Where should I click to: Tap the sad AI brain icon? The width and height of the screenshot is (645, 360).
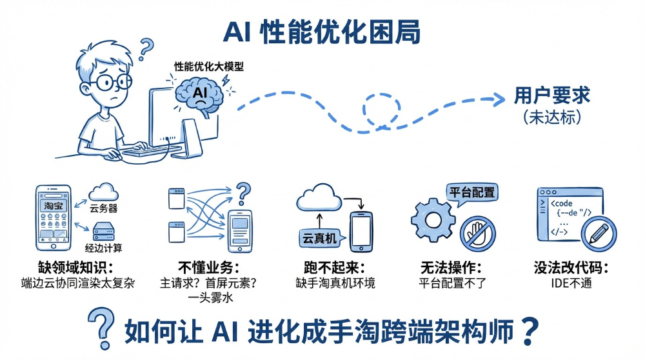pyautogui.click(x=201, y=95)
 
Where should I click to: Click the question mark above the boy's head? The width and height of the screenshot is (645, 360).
pyautogui.click(x=147, y=47)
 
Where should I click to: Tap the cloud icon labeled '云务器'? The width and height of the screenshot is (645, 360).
pyautogui.click(x=103, y=192)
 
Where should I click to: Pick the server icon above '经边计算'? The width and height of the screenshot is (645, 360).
pyautogui.click(x=104, y=231)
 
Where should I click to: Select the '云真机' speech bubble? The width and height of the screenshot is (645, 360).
pyautogui.click(x=319, y=238)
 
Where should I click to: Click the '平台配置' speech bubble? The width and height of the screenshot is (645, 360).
pyautogui.click(x=473, y=192)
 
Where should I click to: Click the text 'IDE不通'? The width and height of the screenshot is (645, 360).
pyautogui.click(x=571, y=283)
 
